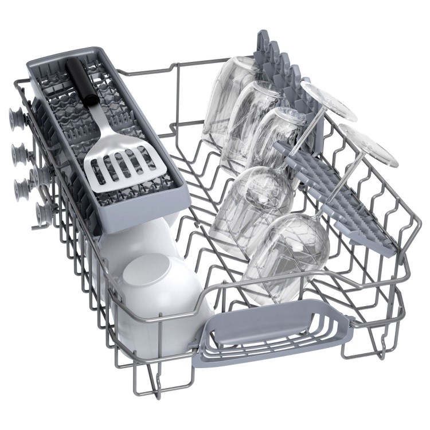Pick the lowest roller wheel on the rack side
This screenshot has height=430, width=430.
[44, 213]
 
